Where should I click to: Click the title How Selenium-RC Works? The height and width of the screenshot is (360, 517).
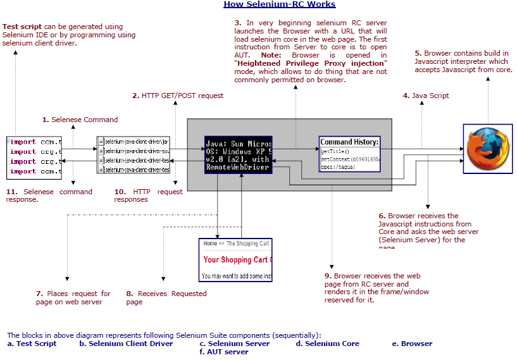tap(270, 4)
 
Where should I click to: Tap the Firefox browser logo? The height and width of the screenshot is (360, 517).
tap(488, 149)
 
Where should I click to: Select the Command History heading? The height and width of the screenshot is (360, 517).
tap(349, 142)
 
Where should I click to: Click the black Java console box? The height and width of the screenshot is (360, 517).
tap(239, 154)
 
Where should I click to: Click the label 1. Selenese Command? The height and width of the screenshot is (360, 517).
tap(80, 119)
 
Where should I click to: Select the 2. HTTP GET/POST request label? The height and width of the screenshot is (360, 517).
tap(177, 96)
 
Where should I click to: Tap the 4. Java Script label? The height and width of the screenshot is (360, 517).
tap(426, 96)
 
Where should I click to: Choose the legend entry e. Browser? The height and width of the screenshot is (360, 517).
tap(412, 344)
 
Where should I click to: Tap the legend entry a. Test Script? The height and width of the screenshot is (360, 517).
tap(32, 344)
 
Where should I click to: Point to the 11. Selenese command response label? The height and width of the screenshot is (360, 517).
tap(49, 196)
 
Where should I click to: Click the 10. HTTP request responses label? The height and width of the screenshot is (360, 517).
tap(148, 196)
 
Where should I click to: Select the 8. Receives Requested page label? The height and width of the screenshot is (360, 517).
tap(166, 297)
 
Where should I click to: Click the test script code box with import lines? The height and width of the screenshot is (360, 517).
tap(34, 156)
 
